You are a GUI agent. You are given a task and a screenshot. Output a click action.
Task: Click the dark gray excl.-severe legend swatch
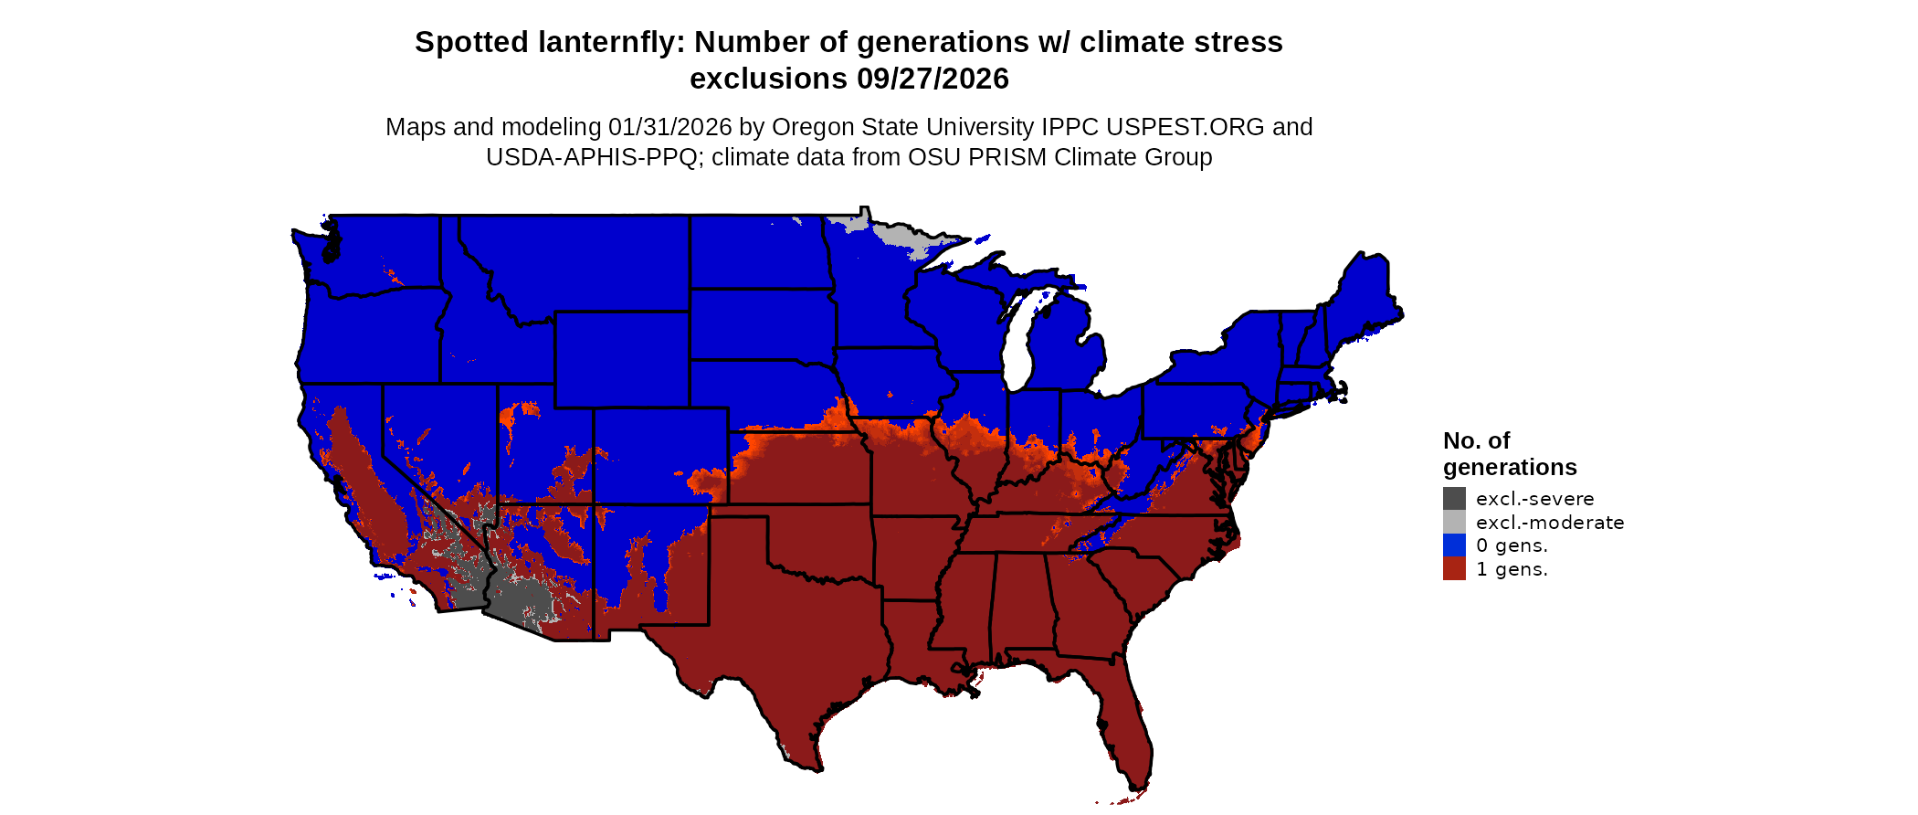[1454, 498]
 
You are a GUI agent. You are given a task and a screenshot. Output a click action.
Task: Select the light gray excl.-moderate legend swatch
[1454, 522]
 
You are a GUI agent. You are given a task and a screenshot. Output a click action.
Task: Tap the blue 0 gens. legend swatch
[1454, 545]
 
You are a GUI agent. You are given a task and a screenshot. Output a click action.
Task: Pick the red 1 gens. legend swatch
[1454, 569]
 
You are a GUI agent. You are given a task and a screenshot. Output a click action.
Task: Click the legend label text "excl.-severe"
[1534, 499]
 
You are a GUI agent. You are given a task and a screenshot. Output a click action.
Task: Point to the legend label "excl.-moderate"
[1550, 523]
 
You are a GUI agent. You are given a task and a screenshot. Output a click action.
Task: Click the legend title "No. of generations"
[1509, 454]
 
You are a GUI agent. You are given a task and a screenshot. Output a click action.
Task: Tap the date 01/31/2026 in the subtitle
[670, 127]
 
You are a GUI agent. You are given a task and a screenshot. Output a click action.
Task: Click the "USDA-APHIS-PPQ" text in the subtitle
[595, 157]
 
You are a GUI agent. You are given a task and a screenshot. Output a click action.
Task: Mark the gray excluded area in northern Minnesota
[900, 232]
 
